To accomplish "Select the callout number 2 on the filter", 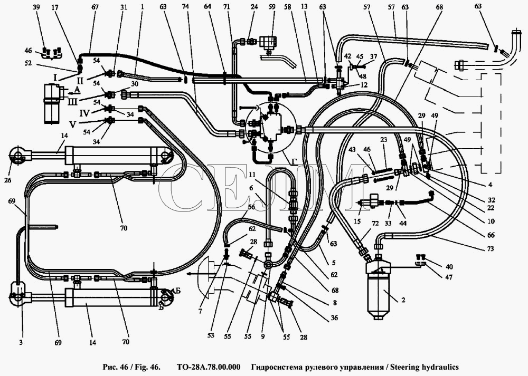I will pos(402,300).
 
